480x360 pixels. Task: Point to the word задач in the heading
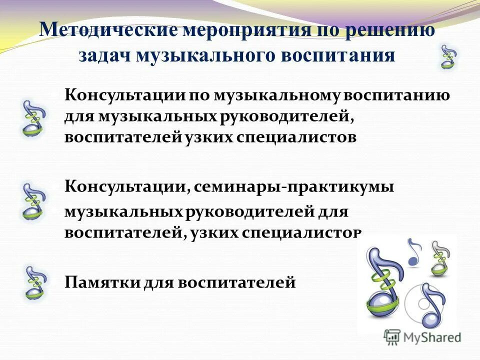coord(103,55)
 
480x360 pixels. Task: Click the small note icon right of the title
coord(448,56)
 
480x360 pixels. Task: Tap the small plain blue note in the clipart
coord(414,252)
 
